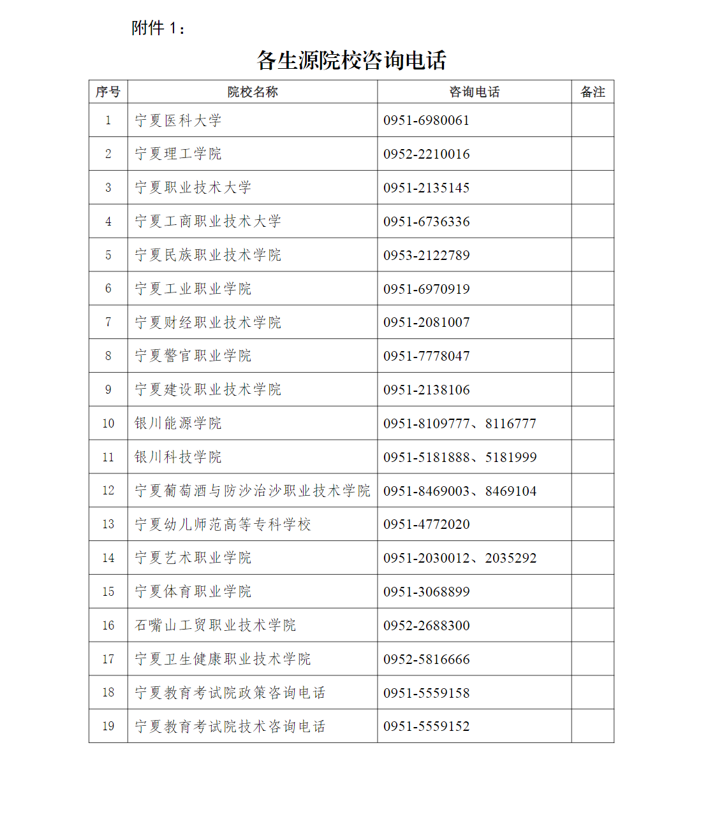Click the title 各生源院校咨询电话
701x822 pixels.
351,61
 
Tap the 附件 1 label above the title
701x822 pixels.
158,28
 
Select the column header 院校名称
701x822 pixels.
253,92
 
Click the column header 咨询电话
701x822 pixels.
474,92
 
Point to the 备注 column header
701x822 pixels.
593,92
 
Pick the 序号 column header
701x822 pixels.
108,92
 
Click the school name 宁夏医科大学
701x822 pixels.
178,120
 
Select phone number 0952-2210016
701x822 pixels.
426,154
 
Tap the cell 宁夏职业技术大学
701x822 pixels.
193,188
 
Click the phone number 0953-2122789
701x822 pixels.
426,256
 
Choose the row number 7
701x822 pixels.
108,322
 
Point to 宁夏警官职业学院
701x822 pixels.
193,356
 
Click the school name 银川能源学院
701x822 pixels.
178,424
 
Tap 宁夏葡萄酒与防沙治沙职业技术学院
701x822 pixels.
252,491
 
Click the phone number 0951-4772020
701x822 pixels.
426,524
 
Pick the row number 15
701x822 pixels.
108,592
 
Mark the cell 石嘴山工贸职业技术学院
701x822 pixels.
215,626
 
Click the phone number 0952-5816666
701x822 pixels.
426,660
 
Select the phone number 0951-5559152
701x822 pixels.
426,726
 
